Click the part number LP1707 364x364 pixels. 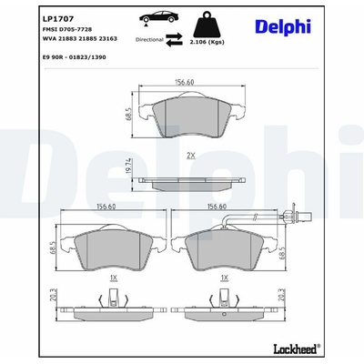58,19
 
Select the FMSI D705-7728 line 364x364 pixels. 67,29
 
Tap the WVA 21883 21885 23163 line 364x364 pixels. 80,39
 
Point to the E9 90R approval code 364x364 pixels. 75,57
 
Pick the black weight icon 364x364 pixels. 207,25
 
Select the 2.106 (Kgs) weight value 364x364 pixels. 207,43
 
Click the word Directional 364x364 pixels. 149,39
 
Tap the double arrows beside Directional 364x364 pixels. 174,40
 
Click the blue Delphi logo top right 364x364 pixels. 283,26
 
